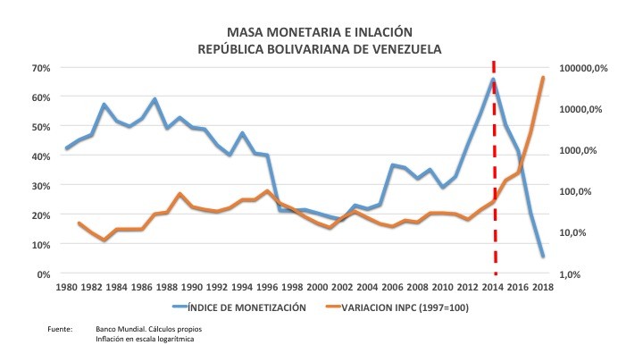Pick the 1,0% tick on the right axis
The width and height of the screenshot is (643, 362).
point(572,274)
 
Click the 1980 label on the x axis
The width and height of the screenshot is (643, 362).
point(67,287)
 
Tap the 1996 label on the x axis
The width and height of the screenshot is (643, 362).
point(267,287)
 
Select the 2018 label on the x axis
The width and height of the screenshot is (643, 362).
point(542,287)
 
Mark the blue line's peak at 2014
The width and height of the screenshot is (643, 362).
point(493,80)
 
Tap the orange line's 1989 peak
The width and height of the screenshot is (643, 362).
point(180,194)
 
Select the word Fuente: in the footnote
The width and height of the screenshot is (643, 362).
point(60,331)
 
